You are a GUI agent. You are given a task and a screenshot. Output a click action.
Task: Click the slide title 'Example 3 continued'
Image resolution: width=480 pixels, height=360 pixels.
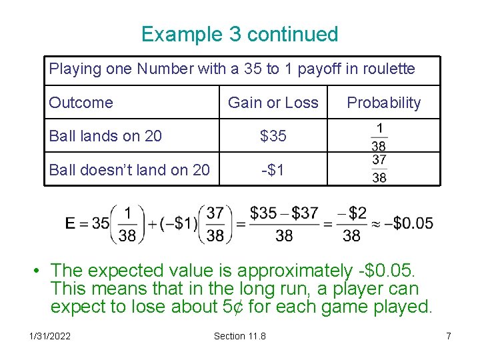point(240,34)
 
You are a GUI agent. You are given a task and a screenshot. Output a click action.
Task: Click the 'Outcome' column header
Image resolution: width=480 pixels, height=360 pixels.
point(81,103)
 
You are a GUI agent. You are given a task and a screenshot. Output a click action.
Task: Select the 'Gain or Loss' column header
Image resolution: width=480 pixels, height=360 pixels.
point(273,103)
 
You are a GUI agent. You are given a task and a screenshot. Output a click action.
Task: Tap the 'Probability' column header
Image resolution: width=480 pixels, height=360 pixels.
point(384,103)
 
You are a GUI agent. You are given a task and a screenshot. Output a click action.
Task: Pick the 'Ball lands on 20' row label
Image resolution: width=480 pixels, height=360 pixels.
point(105,136)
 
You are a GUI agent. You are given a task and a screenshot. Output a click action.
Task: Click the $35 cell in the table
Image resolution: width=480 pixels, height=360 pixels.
point(273,136)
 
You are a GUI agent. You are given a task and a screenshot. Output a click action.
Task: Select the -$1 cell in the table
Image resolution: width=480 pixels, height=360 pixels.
point(273,170)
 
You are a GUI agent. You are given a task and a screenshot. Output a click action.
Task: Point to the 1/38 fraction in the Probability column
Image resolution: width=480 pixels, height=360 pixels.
point(379,136)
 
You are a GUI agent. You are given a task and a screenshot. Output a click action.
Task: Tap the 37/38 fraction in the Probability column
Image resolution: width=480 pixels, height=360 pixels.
point(379,169)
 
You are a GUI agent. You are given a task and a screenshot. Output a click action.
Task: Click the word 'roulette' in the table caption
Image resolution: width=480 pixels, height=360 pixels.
point(389,69)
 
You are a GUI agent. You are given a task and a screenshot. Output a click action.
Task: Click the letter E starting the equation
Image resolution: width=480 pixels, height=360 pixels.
point(70,223)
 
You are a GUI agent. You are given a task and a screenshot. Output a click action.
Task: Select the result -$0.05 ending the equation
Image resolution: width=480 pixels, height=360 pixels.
point(413,223)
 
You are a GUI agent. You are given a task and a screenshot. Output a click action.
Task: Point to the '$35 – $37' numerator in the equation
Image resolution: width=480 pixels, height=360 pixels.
point(284,213)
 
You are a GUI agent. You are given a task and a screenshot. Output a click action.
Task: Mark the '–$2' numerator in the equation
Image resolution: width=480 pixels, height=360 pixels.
point(351,213)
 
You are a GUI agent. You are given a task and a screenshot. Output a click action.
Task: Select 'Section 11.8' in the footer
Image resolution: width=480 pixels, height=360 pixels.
point(239,336)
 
